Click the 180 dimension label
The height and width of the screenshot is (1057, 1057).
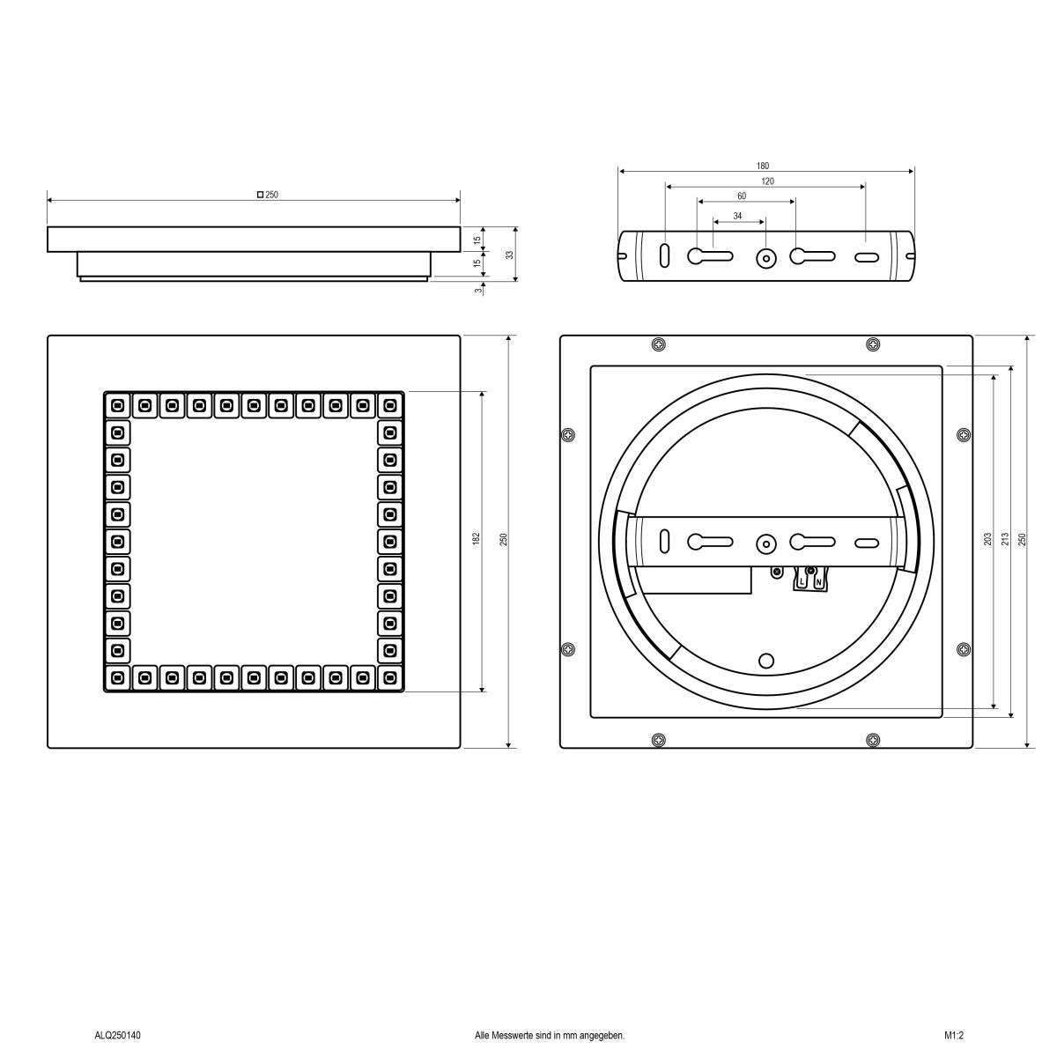(763, 166)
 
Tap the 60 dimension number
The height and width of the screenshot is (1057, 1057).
(742, 196)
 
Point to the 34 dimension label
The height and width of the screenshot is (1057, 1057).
(737, 216)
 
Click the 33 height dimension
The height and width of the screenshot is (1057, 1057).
(509, 255)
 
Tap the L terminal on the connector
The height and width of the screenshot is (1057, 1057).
(802, 581)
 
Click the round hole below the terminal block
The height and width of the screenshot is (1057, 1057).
(766, 661)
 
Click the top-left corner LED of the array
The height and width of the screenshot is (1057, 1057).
(117, 405)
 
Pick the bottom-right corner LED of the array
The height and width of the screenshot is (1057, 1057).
(389, 677)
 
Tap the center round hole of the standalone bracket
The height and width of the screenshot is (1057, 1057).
(766, 258)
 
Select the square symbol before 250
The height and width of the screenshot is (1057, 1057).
(260, 195)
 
